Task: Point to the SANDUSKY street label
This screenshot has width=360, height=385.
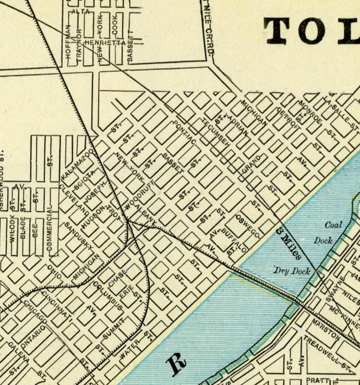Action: click(79, 236)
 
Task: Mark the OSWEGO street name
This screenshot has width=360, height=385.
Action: click(247, 227)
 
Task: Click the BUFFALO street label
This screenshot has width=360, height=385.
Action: click(234, 240)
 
